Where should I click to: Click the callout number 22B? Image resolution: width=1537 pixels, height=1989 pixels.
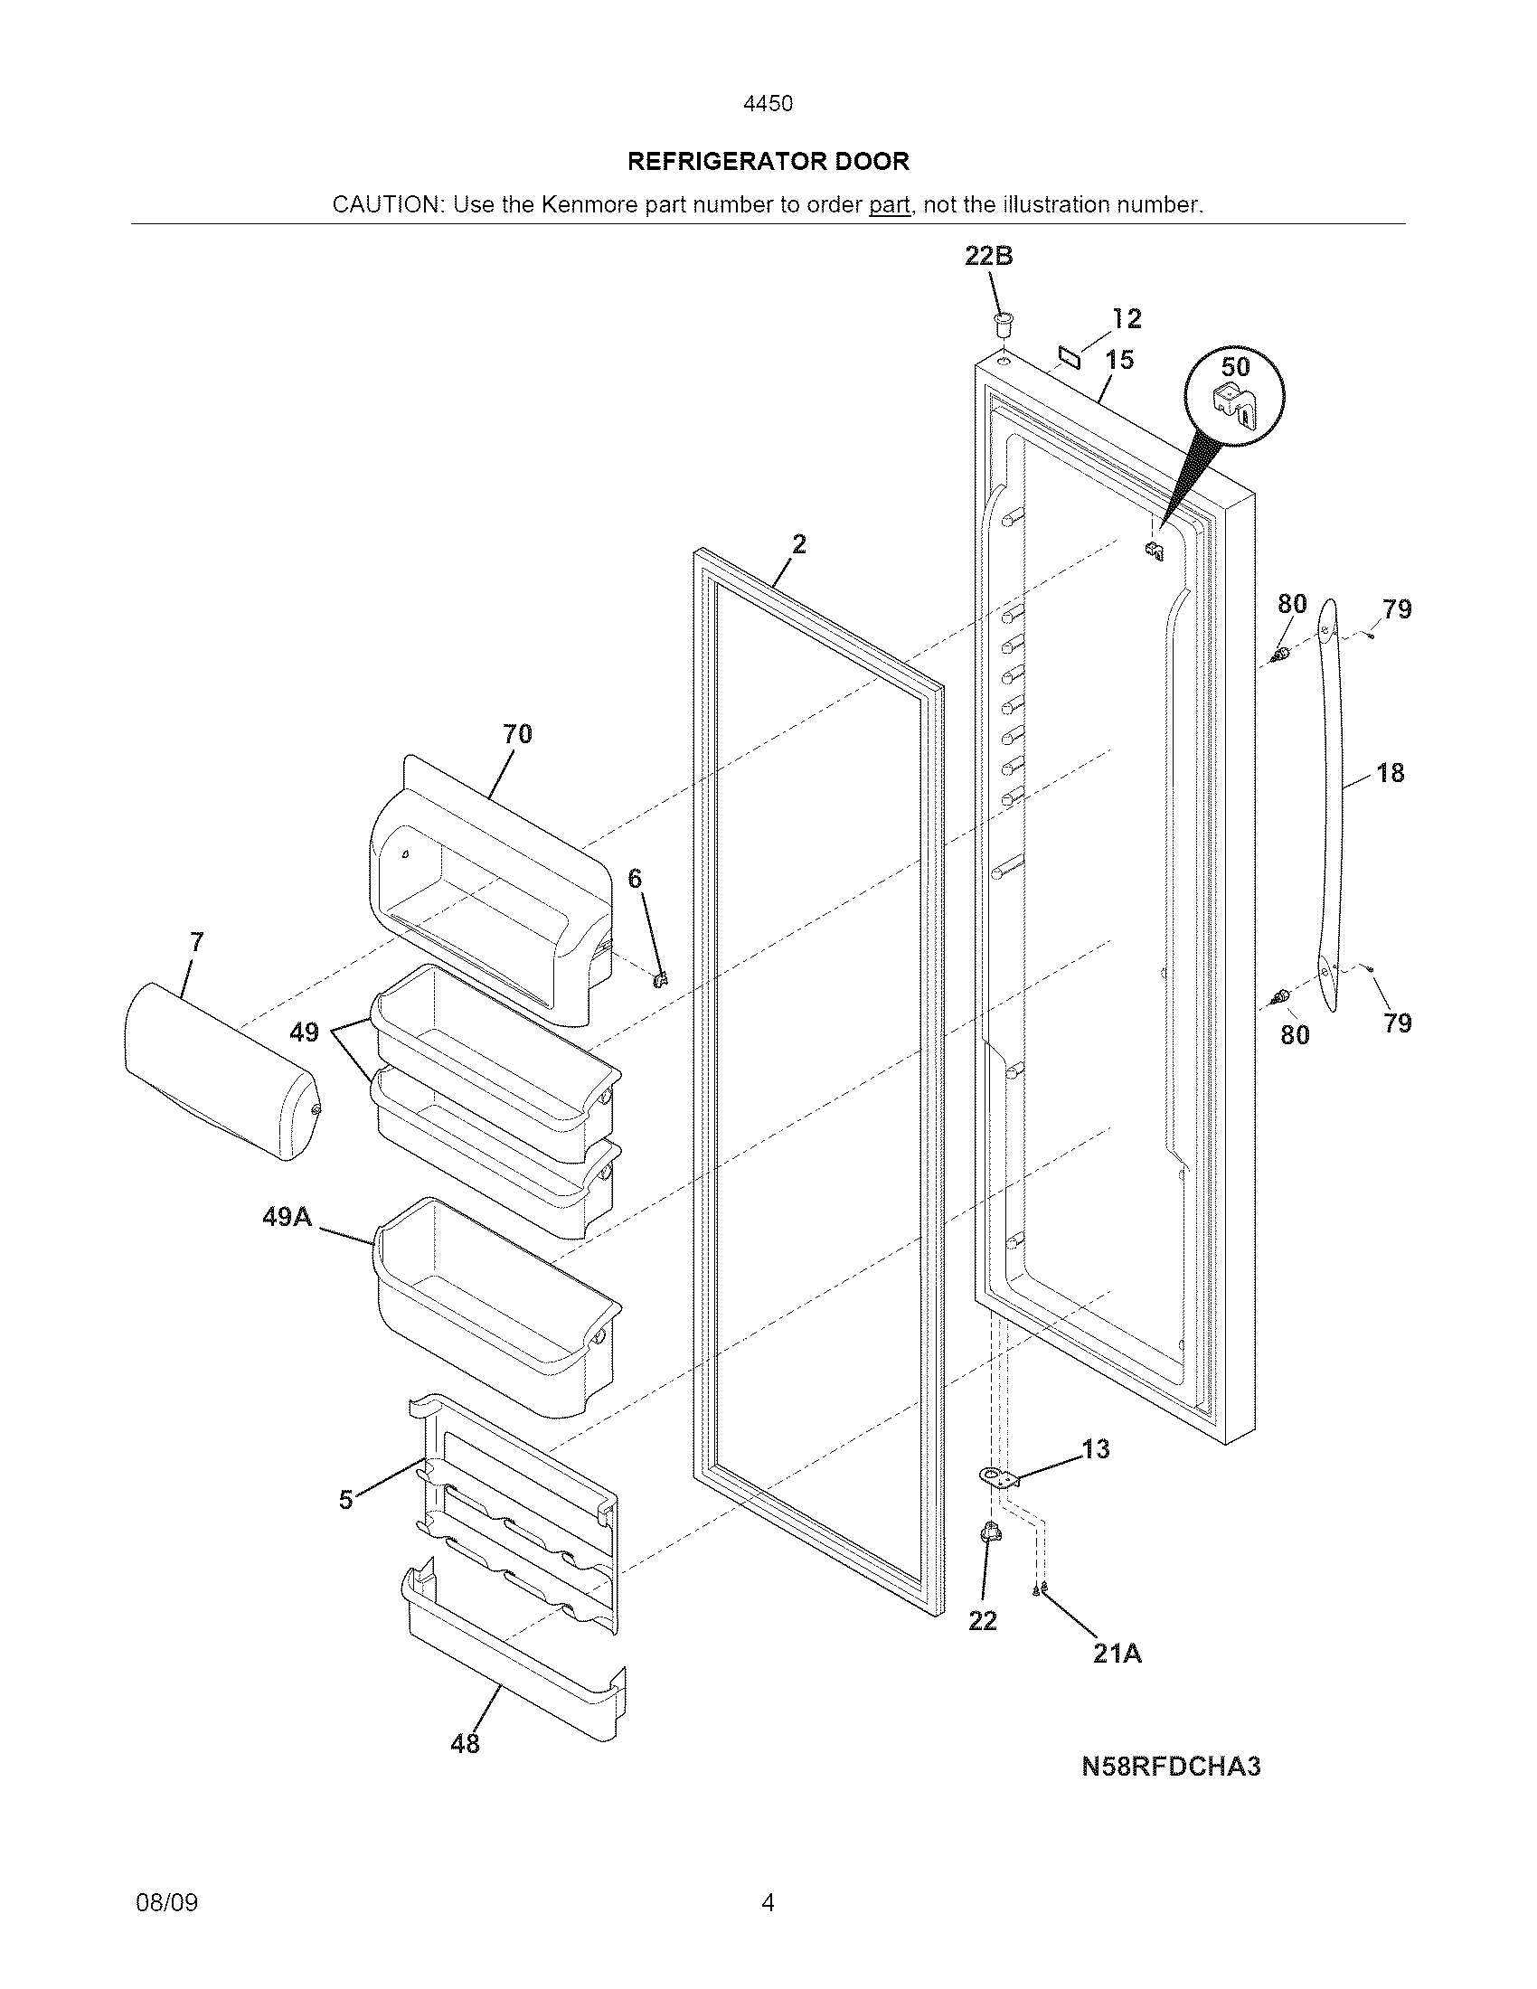pos(988,257)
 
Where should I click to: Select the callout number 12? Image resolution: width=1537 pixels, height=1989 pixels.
pos(1127,319)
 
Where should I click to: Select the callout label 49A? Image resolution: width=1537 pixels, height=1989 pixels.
pos(287,1217)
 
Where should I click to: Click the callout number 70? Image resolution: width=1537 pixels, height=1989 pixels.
pos(517,734)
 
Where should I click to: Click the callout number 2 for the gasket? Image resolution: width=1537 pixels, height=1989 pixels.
pos(798,544)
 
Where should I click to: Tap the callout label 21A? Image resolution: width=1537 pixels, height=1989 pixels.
pos(1117,1653)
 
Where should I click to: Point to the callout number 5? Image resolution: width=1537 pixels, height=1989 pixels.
pos(345,1500)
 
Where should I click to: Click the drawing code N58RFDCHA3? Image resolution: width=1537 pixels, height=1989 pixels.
pos(1170,1767)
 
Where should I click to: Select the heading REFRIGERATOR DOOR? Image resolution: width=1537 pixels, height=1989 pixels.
pos(768,162)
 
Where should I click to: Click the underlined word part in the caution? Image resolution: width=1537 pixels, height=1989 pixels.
pos(889,205)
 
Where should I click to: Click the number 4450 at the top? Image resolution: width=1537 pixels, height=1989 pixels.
pos(768,104)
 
